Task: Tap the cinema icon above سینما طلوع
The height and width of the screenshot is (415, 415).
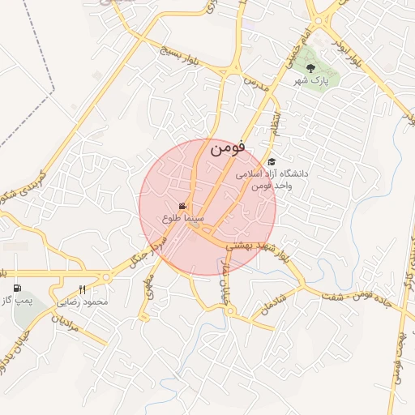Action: pos(183,206)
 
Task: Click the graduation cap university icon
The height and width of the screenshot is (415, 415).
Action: pos(272,161)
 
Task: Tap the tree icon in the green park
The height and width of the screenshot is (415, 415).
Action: pos(310,68)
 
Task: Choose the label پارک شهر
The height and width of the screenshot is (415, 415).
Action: pos(310,82)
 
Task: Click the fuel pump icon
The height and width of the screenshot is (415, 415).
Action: pos(18,288)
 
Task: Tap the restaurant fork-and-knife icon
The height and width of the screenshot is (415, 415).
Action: pos(82,289)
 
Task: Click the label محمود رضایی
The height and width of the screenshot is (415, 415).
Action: pos(83,302)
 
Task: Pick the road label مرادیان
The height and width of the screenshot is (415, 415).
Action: pos(45,327)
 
